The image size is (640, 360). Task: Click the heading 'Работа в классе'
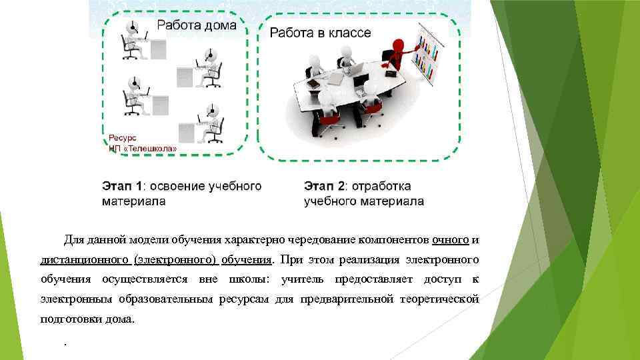click(x=320, y=33)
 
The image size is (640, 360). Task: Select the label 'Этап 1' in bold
click(x=122, y=186)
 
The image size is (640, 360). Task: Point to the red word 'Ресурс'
click(x=121, y=138)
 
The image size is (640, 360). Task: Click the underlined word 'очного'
click(x=451, y=239)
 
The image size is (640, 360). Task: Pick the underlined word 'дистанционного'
click(x=85, y=259)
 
